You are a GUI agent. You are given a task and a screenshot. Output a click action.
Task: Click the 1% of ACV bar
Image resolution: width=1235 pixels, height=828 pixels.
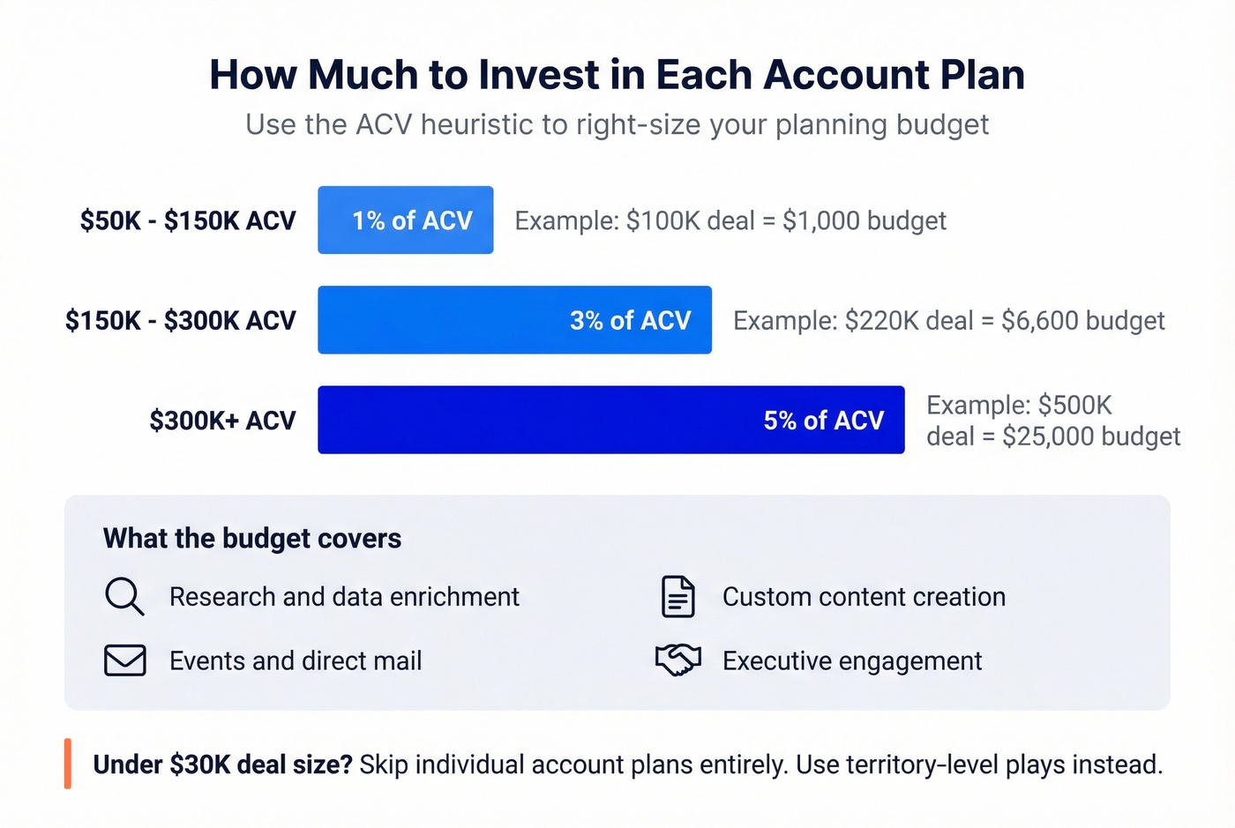coord(405,220)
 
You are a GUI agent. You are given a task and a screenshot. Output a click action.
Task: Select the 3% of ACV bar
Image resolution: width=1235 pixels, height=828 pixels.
coord(514,320)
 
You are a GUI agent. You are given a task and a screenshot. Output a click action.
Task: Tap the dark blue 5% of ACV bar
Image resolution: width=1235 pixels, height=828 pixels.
coord(610,420)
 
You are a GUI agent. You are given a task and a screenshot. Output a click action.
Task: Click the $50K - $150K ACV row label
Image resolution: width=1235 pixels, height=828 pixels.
coord(187,220)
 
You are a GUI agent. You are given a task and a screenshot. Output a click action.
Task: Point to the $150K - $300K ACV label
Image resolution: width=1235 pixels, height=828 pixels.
coord(180,320)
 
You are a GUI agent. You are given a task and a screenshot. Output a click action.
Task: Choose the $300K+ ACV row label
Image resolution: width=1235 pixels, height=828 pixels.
coord(222,421)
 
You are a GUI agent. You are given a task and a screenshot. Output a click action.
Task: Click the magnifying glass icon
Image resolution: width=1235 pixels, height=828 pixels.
coord(124,597)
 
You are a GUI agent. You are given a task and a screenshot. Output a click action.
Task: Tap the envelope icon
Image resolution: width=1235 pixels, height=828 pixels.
coord(125,660)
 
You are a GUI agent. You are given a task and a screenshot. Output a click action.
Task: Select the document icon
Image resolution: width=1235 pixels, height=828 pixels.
coord(677,597)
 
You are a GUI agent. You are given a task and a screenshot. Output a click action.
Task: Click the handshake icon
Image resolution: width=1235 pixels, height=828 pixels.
coord(677,660)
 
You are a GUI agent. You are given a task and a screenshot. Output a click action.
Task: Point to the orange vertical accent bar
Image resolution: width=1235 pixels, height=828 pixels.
coord(68,764)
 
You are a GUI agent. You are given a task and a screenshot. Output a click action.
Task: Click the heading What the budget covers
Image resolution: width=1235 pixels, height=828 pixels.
coord(252,538)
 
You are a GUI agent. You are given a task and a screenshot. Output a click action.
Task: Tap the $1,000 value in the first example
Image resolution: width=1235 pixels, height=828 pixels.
coord(820,220)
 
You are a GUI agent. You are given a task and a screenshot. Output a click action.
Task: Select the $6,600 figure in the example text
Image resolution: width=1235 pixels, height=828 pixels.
coord(1039,320)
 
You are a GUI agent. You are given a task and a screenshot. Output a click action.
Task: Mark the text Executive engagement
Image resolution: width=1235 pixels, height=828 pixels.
coord(852,660)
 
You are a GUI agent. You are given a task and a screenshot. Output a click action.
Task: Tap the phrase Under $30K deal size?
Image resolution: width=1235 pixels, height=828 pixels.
coord(222,765)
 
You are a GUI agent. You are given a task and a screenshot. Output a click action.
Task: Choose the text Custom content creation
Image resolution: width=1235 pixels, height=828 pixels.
coord(864,597)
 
